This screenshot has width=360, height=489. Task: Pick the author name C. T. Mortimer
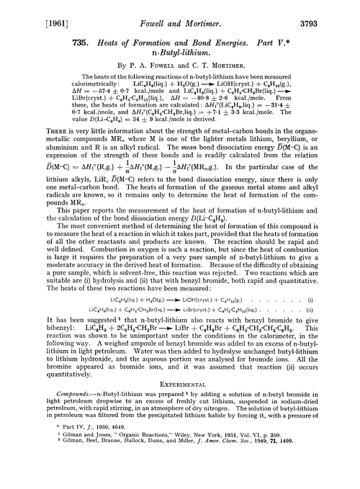pos(221,69)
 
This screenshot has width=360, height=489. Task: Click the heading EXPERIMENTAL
pos(180,364)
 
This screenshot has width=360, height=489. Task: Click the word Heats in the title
pos(89,39)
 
